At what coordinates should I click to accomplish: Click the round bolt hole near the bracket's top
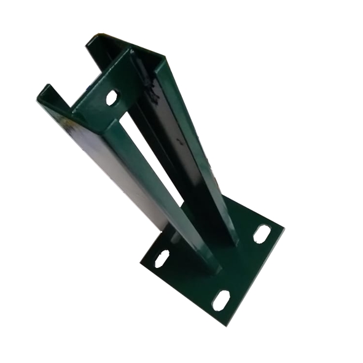tap(112, 97)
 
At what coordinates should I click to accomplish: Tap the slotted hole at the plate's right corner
tap(262, 234)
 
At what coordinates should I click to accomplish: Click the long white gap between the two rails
tap(150, 154)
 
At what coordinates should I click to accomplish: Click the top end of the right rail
tap(161, 61)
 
